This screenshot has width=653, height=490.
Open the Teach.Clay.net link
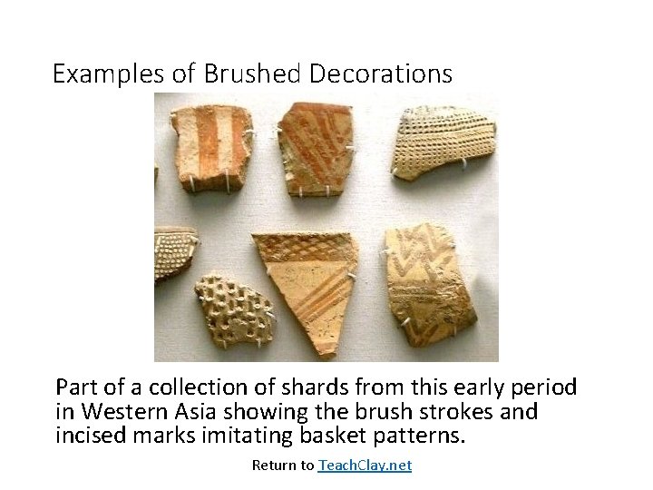364,465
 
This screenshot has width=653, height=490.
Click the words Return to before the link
282,465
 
